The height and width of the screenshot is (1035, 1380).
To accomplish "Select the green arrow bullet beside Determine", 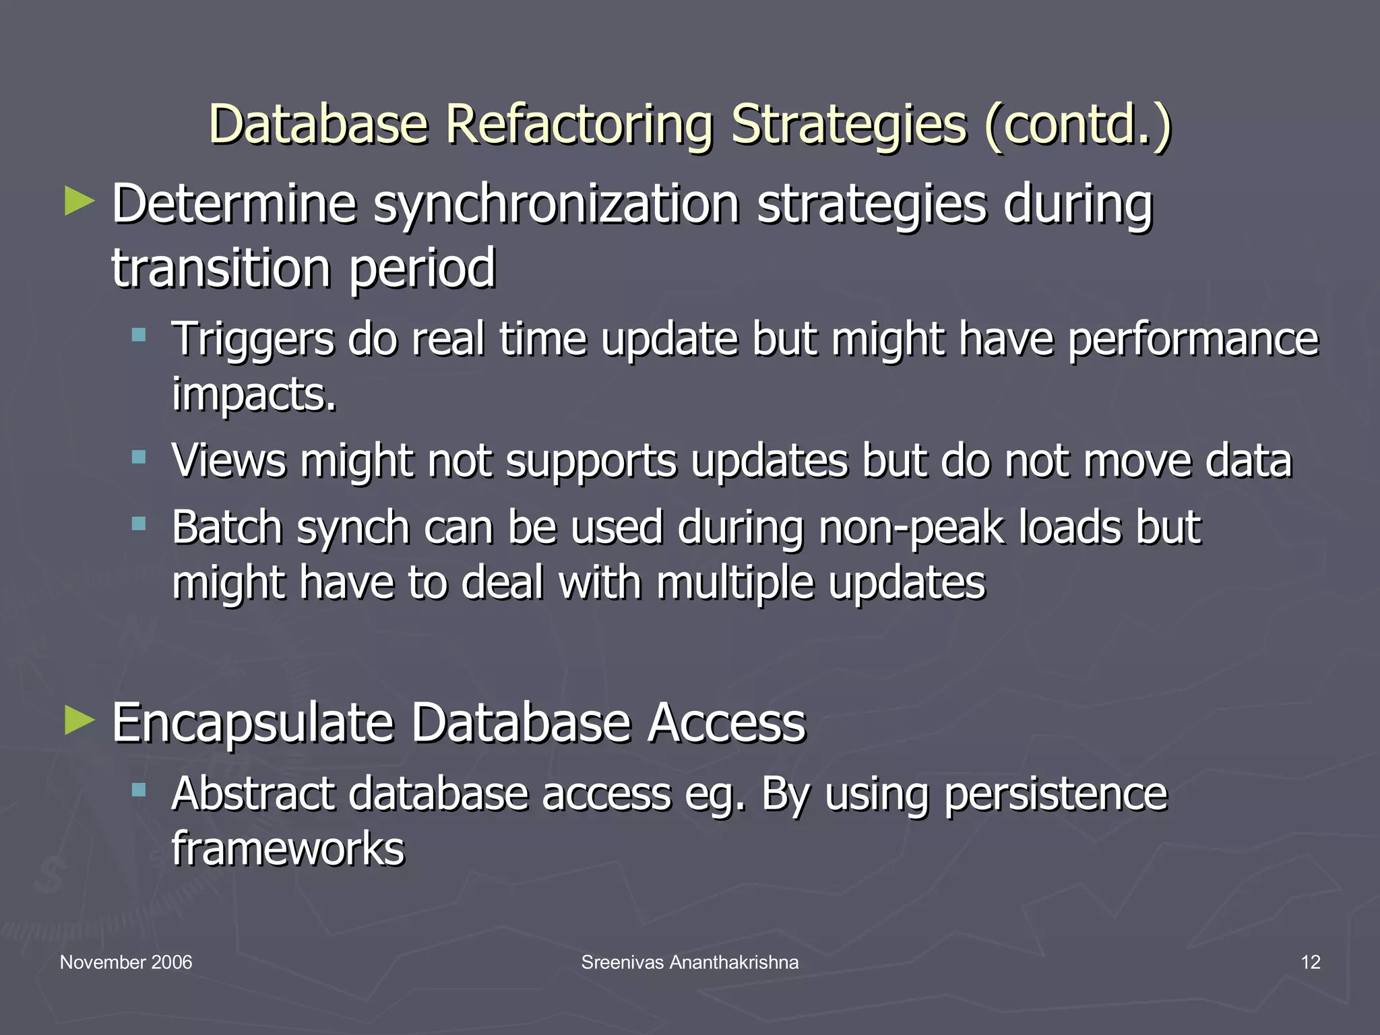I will (x=80, y=202).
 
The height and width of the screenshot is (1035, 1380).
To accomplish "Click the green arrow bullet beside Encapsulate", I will (x=80, y=721).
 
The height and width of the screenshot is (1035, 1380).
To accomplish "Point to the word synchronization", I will (x=557, y=205).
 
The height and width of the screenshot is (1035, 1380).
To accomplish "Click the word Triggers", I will (x=253, y=340).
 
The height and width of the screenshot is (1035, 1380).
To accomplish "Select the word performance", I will (x=1193, y=340).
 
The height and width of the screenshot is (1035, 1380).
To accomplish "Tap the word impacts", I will (x=253, y=395).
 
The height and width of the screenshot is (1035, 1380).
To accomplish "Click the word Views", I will (x=229, y=461).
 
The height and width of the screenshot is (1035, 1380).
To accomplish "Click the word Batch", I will (x=227, y=527).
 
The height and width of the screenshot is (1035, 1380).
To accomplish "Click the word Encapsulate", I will (x=253, y=724).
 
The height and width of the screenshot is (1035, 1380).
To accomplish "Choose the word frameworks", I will (x=288, y=849).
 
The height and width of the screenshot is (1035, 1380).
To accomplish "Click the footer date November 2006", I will (x=126, y=962).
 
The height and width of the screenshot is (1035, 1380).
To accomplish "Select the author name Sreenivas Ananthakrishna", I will (x=690, y=962).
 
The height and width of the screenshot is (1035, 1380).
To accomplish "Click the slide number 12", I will (x=1310, y=962).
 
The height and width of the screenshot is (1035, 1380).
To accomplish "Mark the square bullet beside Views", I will (x=139, y=458).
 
